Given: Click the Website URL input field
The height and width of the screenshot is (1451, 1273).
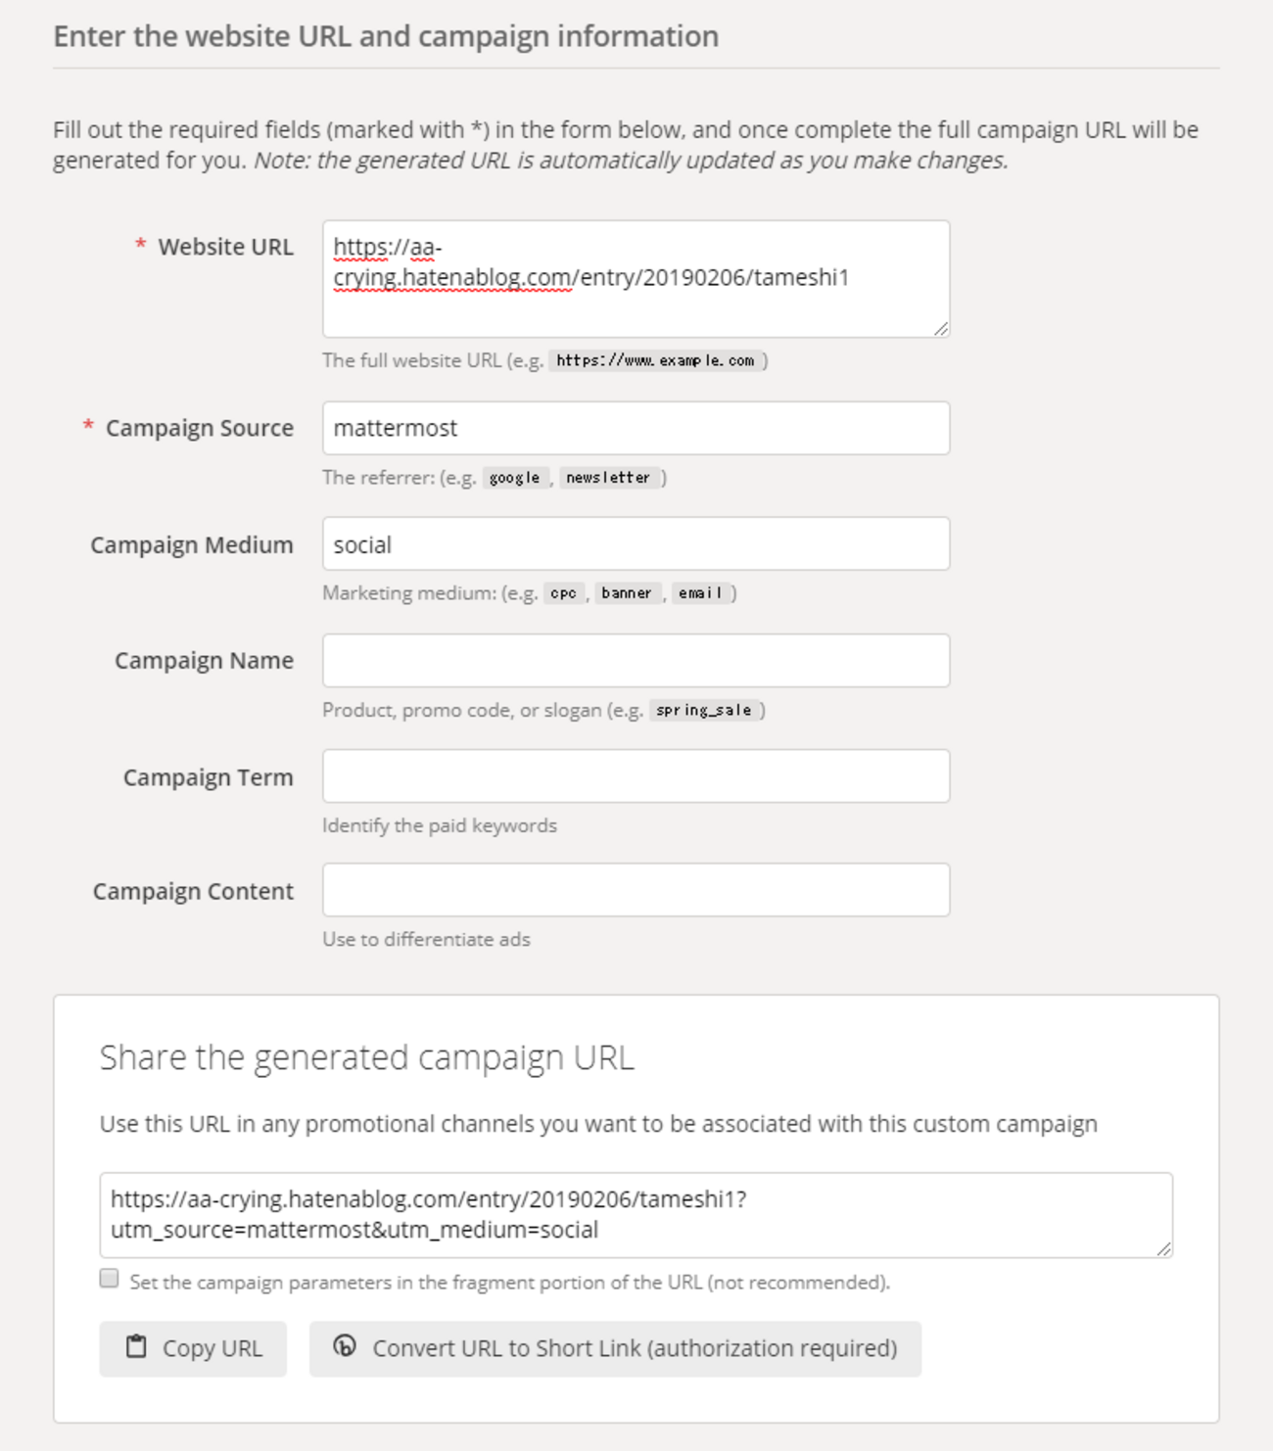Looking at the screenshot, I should point(636,279).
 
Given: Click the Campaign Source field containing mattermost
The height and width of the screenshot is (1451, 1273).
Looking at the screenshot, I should point(636,428).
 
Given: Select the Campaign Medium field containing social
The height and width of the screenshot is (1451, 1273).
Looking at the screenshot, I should point(636,544).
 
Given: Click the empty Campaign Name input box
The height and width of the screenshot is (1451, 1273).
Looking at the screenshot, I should point(636,661).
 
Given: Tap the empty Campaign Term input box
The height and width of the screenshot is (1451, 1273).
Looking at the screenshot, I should point(636,776).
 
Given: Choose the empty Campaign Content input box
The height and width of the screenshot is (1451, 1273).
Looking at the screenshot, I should point(636,890).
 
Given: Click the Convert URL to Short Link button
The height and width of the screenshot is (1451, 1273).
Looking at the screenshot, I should point(615,1348).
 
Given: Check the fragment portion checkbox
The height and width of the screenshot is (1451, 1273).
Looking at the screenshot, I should point(110,1279).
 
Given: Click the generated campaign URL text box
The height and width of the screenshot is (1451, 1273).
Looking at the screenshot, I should point(636,1215).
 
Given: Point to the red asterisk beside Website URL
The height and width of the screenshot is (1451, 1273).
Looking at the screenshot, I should point(141,245).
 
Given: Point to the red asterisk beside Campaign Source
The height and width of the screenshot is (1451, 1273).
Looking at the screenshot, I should point(88,426).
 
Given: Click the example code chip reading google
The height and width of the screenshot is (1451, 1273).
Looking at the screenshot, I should point(515,478).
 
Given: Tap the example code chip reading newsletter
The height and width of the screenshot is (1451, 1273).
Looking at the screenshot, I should point(608,478).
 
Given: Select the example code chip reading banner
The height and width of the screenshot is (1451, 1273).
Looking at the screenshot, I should point(627,593).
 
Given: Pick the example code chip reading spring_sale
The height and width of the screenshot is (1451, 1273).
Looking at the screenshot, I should point(704,711).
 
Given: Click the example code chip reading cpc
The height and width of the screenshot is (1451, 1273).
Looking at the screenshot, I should point(563,593).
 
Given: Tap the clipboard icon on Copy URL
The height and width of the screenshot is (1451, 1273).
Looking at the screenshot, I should point(136,1347).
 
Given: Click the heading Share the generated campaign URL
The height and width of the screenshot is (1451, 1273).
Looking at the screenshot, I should point(367,1058).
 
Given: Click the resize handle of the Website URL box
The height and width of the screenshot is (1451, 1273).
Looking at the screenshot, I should point(940,329).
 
